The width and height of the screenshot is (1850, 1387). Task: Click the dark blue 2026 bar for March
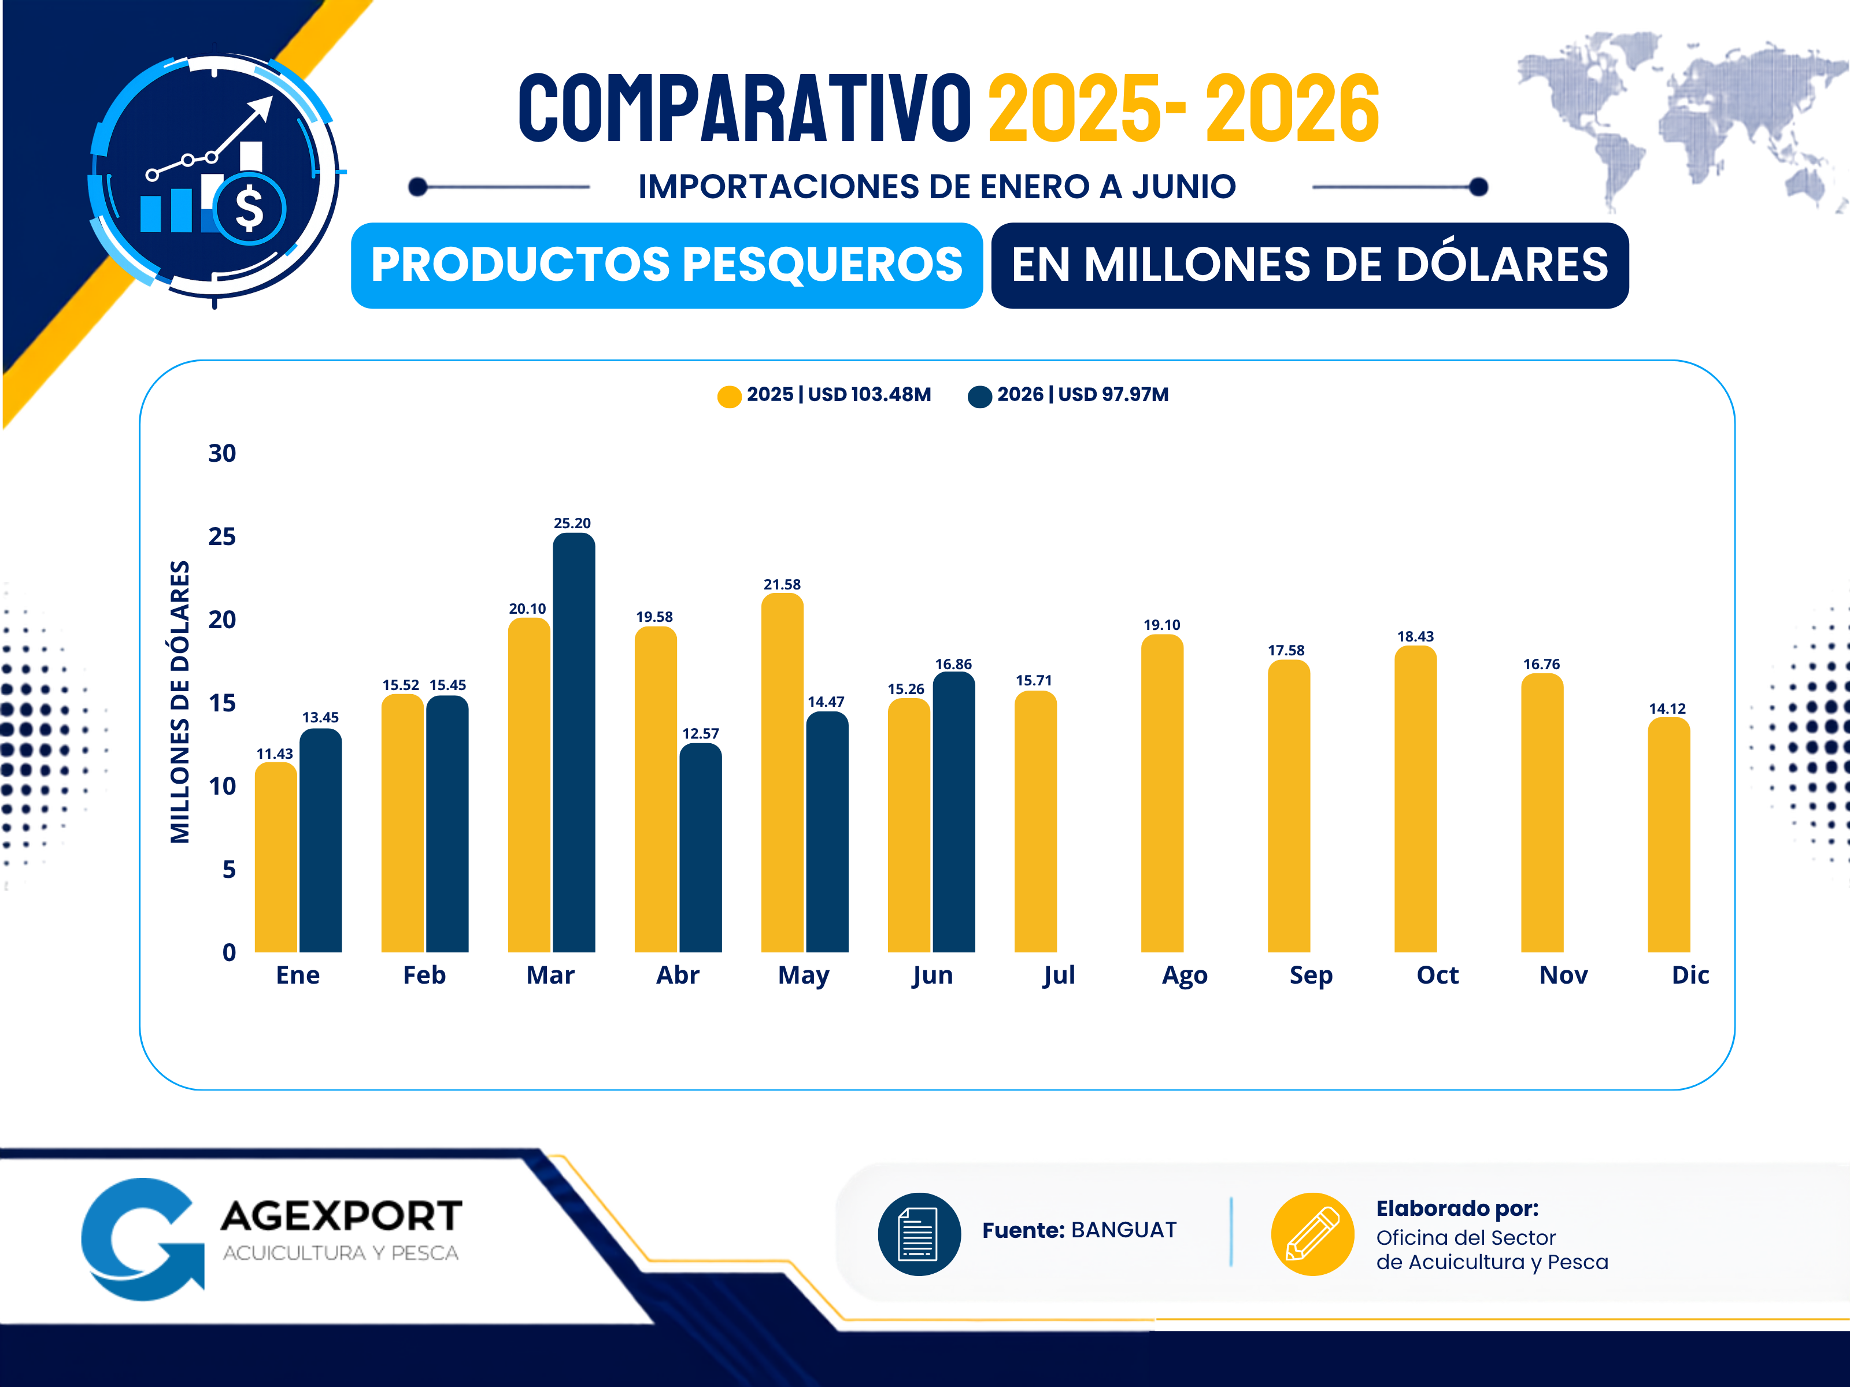[573, 743]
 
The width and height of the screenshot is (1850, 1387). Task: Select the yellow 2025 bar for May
[782, 773]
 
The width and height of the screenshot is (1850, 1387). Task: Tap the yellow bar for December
[1668, 835]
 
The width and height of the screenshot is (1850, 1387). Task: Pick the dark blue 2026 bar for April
[701, 848]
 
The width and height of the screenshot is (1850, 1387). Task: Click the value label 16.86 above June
[953, 665]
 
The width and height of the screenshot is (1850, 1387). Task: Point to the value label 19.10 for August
[1161, 625]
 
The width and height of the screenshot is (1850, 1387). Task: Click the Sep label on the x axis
[1311, 976]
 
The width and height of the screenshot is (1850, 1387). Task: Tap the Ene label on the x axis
[298, 975]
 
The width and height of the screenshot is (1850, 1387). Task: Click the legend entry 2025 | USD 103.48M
[824, 395]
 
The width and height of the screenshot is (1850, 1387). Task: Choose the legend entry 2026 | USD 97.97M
[1068, 395]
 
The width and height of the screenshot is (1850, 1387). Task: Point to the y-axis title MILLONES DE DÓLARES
[180, 702]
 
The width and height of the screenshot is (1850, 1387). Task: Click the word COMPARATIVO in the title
[745, 107]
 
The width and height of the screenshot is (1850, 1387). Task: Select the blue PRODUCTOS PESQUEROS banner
[667, 265]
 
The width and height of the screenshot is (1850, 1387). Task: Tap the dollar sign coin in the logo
[249, 209]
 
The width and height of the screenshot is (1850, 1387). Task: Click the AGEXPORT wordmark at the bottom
[341, 1215]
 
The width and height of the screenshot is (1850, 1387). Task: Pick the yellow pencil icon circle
[1312, 1234]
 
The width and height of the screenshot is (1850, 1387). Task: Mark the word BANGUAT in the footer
[1124, 1230]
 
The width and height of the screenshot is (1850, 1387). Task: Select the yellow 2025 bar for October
[1415, 799]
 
